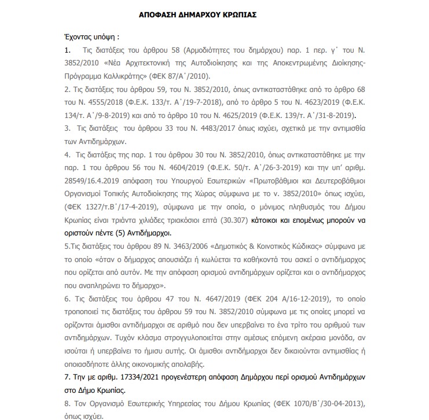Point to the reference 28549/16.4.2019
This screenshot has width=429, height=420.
[90, 180]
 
